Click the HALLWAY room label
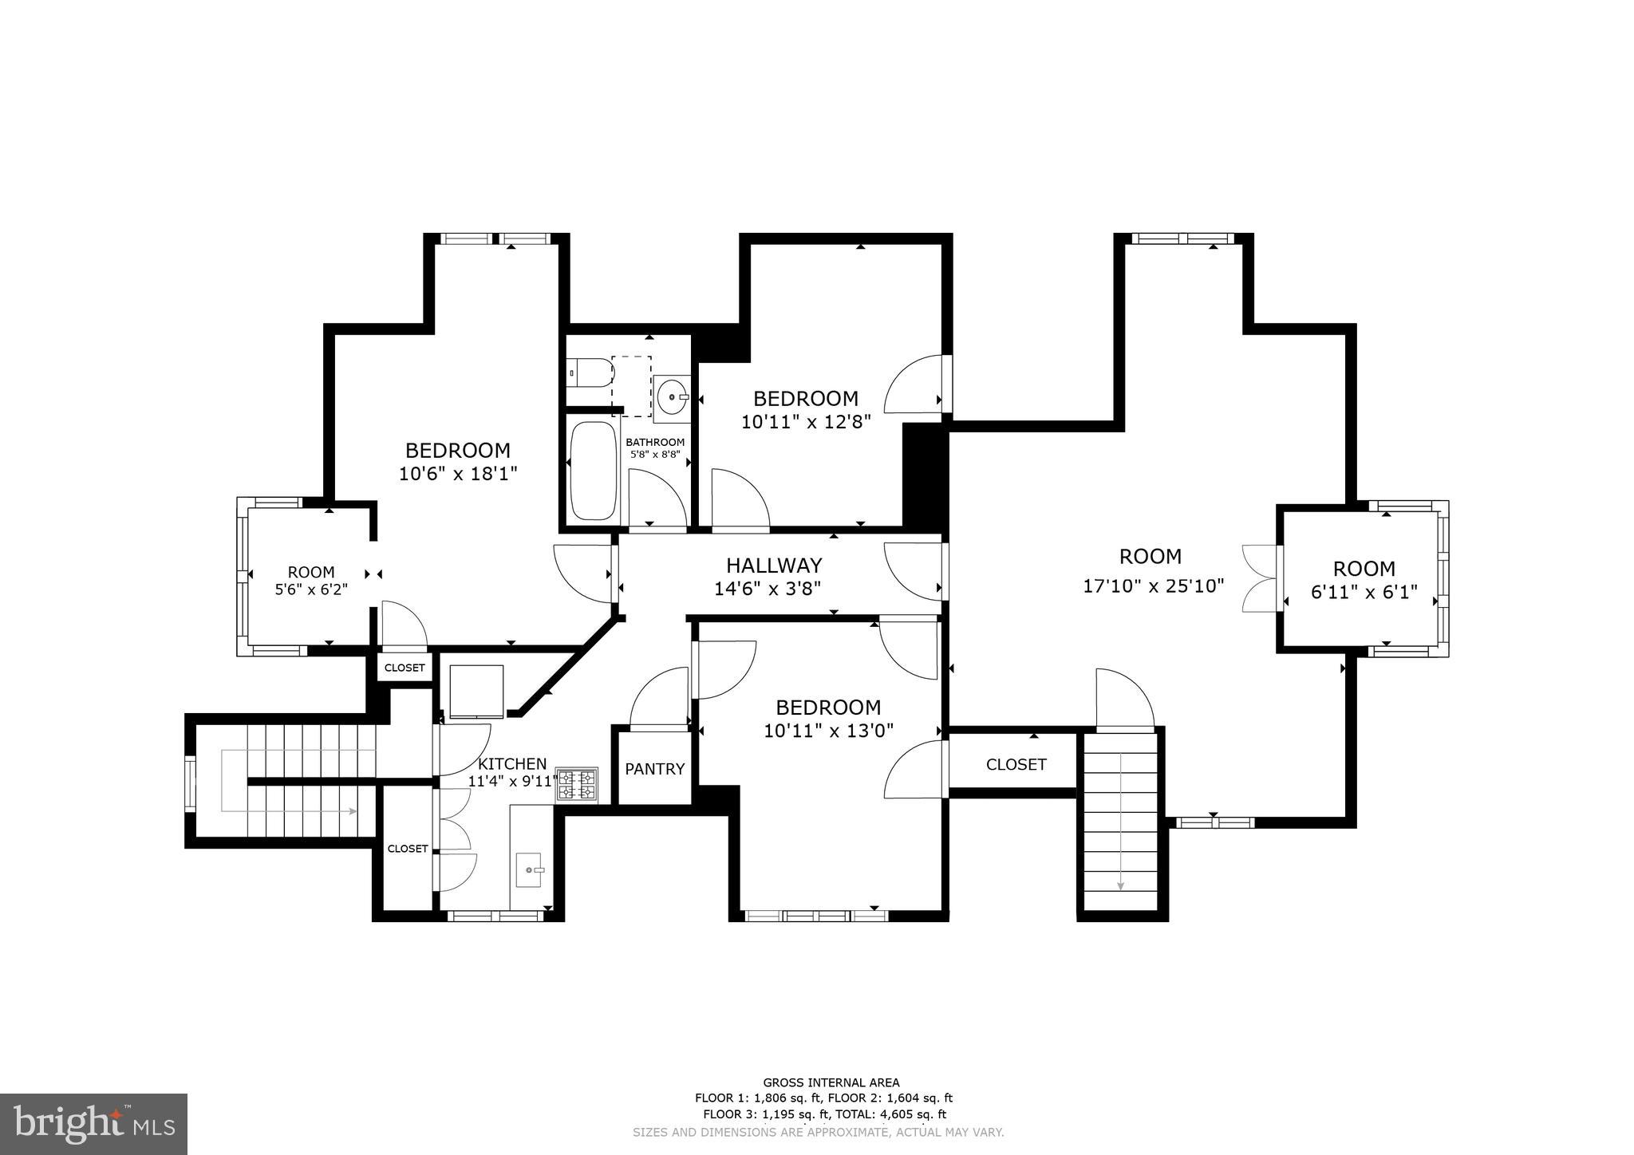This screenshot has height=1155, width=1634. click(773, 566)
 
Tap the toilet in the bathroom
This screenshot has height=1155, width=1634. click(590, 373)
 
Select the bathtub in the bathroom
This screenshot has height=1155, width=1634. click(594, 471)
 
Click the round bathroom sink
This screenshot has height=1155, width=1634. click(672, 396)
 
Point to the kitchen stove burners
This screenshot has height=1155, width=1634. click(577, 784)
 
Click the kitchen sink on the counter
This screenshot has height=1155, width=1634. click(531, 869)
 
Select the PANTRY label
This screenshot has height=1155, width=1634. click(654, 769)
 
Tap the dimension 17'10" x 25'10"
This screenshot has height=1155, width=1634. click(1153, 586)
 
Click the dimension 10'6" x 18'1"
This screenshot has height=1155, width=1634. click(458, 474)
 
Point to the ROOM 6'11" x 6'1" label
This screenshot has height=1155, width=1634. click(1364, 569)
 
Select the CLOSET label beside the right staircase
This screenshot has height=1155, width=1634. click(1016, 764)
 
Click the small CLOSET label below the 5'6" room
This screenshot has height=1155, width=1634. click(405, 668)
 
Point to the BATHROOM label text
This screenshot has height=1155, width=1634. click(654, 442)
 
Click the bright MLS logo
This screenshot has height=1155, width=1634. click(93, 1124)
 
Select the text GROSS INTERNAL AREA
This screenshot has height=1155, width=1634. click(831, 1082)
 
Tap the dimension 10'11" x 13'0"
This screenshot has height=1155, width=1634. click(828, 730)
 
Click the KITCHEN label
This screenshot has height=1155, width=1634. click(512, 763)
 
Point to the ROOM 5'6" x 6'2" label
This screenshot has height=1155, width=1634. click(311, 572)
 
